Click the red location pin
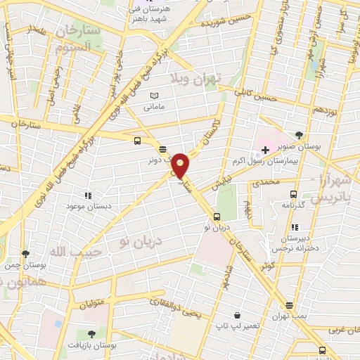tap(181, 166)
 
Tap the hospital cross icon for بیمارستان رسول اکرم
tap(265, 150)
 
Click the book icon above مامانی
tap(155, 96)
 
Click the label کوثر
tap(266, 267)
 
